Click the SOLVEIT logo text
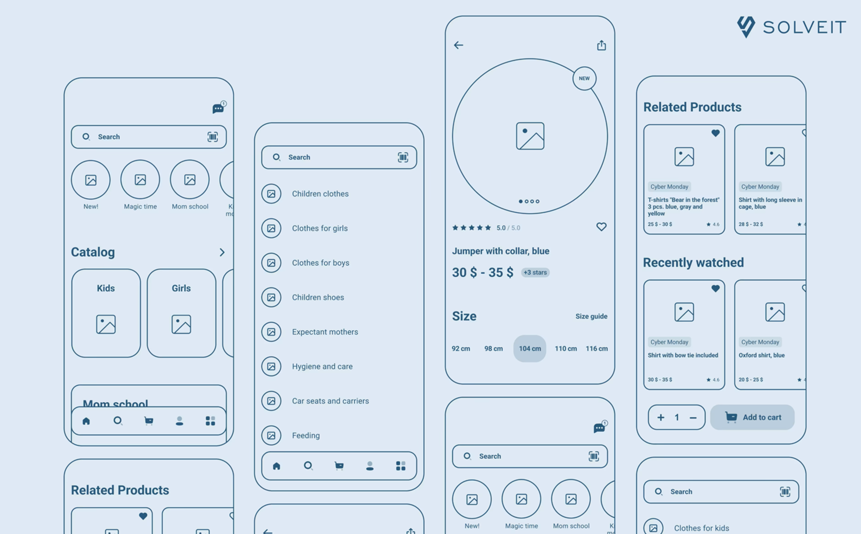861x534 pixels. coord(804,27)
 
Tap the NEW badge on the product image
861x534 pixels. coord(584,78)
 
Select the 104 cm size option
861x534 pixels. coord(530,349)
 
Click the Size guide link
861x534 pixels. coord(591,316)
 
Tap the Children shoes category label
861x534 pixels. coord(318,297)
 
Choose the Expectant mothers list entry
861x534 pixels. coord(325,332)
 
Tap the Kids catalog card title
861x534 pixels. coord(106,288)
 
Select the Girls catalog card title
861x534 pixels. coord(181,288)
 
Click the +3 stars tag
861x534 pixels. coord(535,272)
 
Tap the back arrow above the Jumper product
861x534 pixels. coord(459,45)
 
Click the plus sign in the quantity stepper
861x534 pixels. coord(661,417)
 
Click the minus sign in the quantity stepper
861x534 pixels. coord(693,417)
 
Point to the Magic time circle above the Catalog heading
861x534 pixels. coord(140,180)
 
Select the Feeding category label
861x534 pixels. coord(306,436)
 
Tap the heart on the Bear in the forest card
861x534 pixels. coord(715,133)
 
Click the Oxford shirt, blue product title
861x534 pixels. coord(761,355)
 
